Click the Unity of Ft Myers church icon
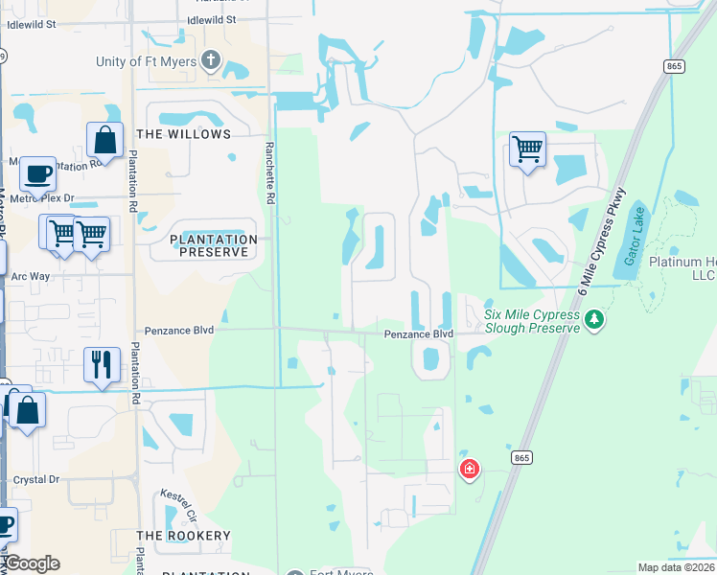click(x=212, y=62)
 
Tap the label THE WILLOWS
click(x=184, y=134)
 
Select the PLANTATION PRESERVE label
click(x=213, y=245)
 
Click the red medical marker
click(x=470, y=469)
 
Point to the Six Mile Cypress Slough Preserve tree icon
click(x=594, y=317)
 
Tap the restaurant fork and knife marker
click(x=102, y=365)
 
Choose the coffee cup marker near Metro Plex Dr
click(x=37, y=174)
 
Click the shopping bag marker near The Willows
click(x=104, y=140)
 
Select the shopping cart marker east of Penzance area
click(x=527, y=149)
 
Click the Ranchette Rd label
click(x=269, y=172)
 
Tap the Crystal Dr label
click(x=35, y=479)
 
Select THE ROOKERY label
click(x=183, y=536)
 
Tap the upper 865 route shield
click(x=673, y=65)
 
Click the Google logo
click(x=31, y=563)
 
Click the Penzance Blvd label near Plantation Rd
click(x=177, y=330)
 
